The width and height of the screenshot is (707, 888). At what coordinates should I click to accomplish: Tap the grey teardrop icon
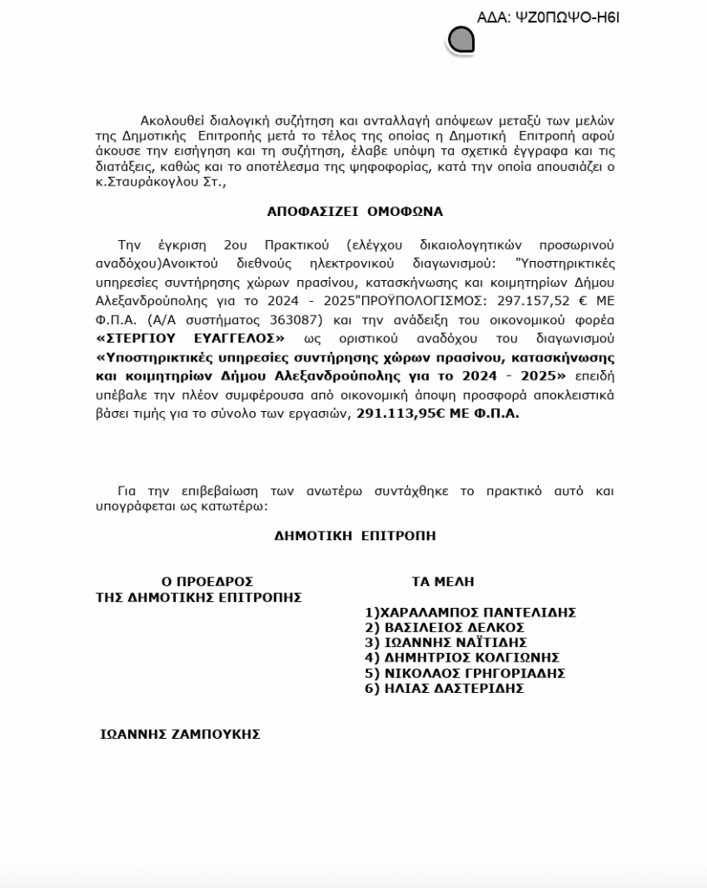[461, 39]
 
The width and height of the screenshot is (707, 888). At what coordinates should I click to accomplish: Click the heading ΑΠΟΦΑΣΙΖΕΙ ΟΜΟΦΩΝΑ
[354, 212]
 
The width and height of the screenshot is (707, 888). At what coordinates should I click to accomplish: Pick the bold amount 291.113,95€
[400, 415]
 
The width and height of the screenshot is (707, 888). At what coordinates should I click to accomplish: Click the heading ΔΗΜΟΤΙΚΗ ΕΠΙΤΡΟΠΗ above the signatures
[355, 536]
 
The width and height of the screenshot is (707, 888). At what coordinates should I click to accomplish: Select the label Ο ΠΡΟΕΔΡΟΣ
[207, 582]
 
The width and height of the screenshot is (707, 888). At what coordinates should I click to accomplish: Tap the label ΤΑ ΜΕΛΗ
[443, 582]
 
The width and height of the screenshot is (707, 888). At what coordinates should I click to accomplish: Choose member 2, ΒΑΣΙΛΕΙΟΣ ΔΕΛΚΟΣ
[444, 628]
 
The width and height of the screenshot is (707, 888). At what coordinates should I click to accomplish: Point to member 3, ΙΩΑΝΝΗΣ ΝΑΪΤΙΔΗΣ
[446, 643]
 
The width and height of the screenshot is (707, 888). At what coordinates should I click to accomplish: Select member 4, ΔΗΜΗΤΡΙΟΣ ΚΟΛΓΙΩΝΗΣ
[462, 658]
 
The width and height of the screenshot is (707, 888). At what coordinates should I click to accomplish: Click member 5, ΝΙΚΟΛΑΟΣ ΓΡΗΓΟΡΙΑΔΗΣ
[465, 674]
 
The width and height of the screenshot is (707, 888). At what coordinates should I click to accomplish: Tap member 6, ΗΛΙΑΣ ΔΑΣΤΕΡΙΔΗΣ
[444, 689]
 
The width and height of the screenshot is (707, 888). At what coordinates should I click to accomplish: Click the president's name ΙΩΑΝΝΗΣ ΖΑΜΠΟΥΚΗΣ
[180, 735]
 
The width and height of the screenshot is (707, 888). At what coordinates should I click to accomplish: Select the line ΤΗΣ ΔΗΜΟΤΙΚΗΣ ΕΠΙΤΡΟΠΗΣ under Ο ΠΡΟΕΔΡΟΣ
[198, 597]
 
